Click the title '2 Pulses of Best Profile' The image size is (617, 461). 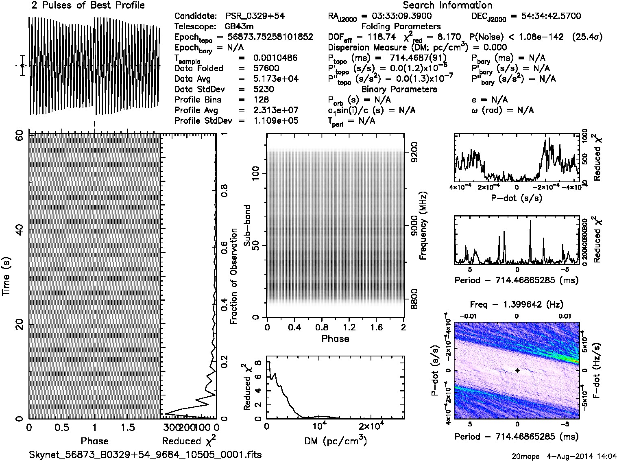point(88,5)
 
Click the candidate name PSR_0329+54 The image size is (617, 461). point(255,16)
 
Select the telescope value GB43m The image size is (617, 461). point(240,26)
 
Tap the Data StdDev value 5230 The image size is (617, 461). point(263,89)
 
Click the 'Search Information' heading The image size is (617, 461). point(447,5)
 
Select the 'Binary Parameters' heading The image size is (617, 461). point(399,89)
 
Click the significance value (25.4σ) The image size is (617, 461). point(587,37)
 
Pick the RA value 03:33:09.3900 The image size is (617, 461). point(397,16)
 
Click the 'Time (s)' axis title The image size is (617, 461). point(7,276)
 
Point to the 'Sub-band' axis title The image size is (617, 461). point(247,225)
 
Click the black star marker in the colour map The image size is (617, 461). point(517,371)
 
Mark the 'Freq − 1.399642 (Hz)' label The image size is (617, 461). point(517,304)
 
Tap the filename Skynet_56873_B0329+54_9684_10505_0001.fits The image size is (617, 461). point(145,454)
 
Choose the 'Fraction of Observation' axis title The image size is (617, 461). point(234,276)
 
